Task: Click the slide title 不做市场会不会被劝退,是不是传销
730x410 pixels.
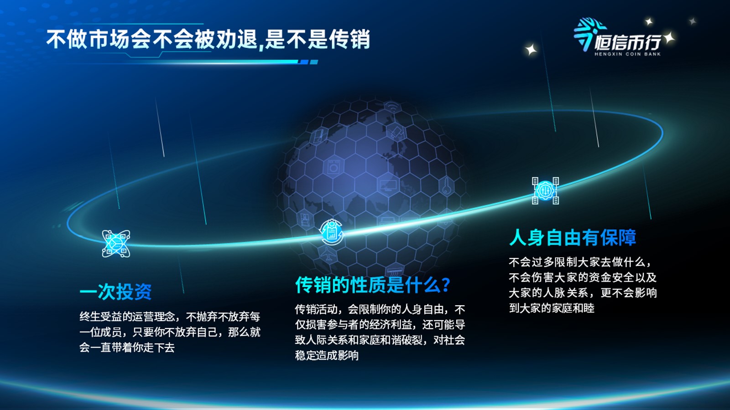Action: tap(208, 40)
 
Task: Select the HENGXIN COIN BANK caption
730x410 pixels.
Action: tap(628, 54)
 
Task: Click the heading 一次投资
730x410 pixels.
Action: tap(116, 291)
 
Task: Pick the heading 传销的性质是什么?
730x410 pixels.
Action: tap(373, 285)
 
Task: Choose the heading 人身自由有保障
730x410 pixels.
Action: tap(572, 237)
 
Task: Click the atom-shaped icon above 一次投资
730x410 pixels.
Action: tap(116, 243)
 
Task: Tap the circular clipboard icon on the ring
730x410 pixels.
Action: tap(331, 232)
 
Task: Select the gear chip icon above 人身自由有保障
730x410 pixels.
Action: tap(545, 191)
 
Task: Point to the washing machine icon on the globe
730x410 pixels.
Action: tap(334, 167)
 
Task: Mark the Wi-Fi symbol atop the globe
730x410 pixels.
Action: tap(392, 107)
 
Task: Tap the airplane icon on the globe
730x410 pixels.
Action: tap(327, 253)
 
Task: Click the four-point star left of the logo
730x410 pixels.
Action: tap(531, 50)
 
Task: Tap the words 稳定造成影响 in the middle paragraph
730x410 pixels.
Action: tap(327, 355)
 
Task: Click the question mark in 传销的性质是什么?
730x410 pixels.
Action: tap(445, 285)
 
